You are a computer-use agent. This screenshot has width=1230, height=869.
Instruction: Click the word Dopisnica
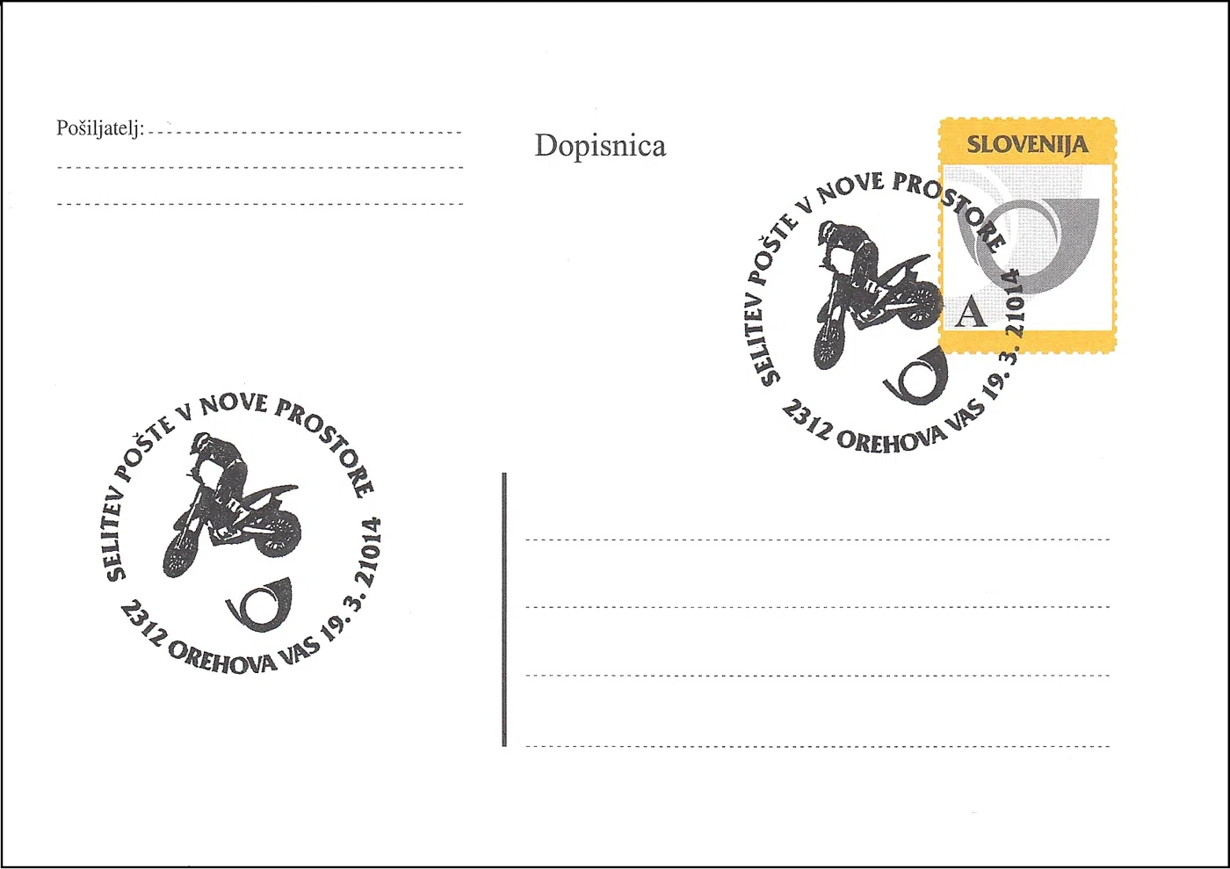click(600, 147)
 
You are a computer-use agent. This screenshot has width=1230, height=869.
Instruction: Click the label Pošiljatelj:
click(100, 128)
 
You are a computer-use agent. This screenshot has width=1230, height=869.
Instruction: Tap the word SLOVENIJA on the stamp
click(1027, 144)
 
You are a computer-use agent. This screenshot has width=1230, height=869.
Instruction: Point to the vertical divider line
click(504, 609)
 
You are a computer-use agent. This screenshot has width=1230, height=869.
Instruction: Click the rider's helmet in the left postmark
click(201, 443)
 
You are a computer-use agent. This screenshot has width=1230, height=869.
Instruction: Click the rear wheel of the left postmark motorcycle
click(281, 532)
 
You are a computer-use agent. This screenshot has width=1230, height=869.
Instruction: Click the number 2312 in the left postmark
click(142, 623)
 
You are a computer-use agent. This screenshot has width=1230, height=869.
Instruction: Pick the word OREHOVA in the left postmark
click(222, 659)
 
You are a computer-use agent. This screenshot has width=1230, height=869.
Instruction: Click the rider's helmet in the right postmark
click(829, 232)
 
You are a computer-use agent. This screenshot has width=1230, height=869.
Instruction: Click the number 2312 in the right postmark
click(805, 420)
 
